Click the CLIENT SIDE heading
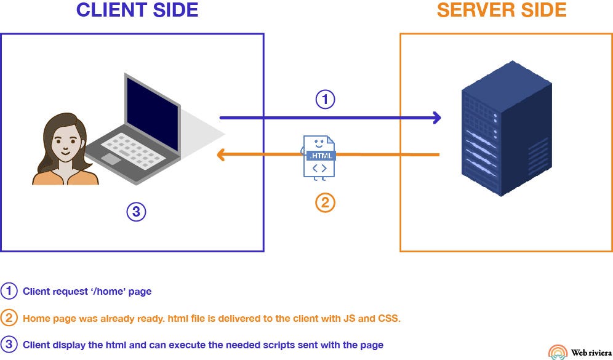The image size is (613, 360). pos(137,10)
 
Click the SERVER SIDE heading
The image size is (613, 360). pos(502,10)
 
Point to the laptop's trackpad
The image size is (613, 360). pos(111,159)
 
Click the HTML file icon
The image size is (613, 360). pos(319,158)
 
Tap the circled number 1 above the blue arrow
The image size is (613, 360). pos(325,99)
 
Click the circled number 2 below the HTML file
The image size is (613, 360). pos(325,202)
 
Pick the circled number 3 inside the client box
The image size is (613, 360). pos(136,212)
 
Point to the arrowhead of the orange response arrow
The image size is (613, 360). pos(220,156)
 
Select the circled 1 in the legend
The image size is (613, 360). pos(10,292)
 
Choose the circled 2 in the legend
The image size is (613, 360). pos(10,318)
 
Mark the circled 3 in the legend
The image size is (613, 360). pos(10,345)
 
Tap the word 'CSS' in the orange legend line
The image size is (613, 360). pos(390,319)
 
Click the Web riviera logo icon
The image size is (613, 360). pos(558,351)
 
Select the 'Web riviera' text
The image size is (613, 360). pos(591,353)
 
